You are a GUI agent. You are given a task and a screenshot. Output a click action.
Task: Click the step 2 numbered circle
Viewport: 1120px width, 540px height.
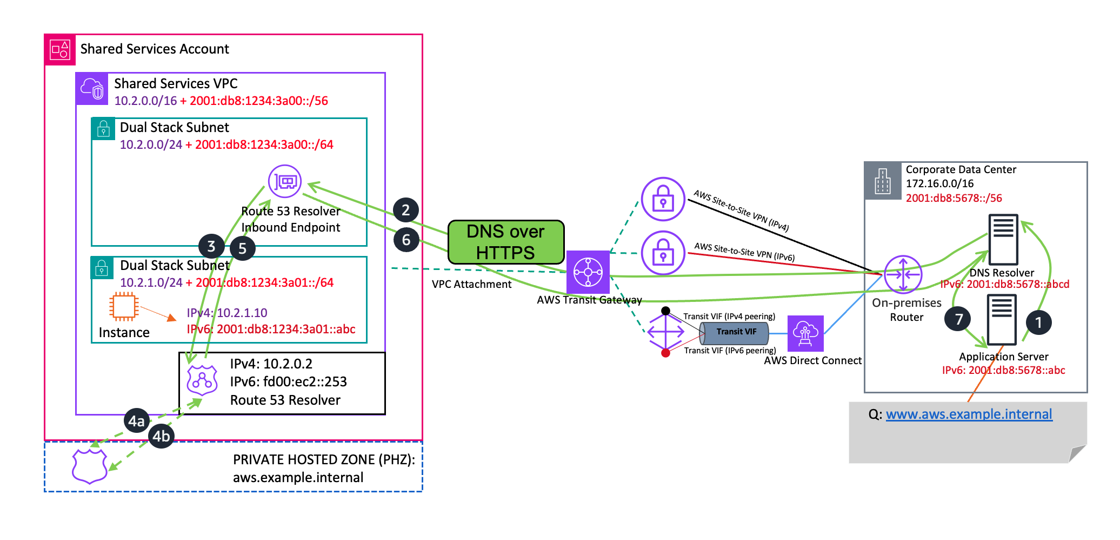pos(406,210)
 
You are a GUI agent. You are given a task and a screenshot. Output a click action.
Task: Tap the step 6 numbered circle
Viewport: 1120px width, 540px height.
pos(406,240)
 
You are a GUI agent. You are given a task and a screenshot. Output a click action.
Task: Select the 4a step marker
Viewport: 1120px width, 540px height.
pos(136,421)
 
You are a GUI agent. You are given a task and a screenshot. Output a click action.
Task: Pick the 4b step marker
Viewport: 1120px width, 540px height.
pos(161,436)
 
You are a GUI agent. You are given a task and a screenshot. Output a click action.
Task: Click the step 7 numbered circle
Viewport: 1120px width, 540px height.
pos(958,319)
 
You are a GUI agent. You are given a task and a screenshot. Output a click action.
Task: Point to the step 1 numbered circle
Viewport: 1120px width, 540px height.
pos(1038,322)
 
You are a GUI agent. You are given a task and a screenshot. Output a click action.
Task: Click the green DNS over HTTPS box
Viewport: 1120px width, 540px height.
pos(506,242)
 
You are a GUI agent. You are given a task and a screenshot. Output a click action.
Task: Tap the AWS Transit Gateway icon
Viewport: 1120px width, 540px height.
pos(588,272)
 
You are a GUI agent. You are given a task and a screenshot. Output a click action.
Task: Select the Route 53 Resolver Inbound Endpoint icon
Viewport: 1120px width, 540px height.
pos(285,181)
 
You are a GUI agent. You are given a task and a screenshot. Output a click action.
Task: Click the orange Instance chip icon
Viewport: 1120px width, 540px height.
pos(123,307)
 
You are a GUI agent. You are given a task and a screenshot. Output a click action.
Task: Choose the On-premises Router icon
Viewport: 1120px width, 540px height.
pos(903,274)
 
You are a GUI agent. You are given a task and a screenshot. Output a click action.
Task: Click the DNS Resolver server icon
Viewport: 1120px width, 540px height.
pos(1003,240)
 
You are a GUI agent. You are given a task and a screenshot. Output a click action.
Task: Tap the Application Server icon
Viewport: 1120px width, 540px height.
pos(1002,320)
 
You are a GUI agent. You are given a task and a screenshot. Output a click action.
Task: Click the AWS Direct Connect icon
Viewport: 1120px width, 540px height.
pos(805,333)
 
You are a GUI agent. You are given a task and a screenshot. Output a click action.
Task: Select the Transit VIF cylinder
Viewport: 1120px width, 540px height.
pos(735,333)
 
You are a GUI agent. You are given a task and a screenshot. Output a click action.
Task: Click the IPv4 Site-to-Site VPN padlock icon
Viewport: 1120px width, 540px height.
pos(663,199)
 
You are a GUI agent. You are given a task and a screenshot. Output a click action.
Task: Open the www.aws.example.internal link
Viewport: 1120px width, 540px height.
pos(969,414)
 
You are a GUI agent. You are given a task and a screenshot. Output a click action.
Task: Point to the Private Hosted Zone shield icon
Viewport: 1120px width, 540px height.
pos(90,465)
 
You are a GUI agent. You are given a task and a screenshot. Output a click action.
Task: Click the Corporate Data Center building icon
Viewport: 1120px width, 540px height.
pos(882,181)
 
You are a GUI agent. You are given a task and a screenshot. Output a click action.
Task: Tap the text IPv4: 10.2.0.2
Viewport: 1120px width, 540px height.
pos(271,364)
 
